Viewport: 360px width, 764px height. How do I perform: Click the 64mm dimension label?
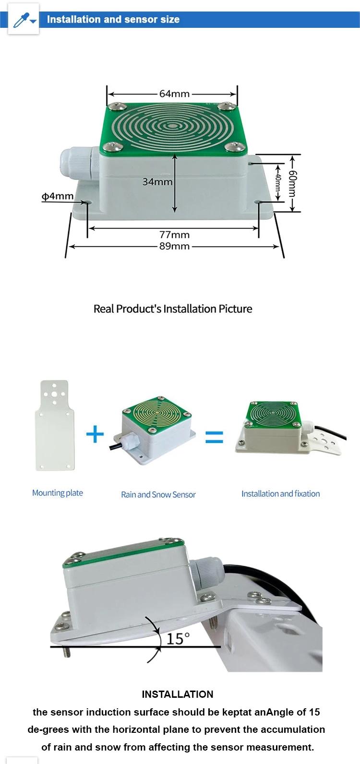coord(174,94)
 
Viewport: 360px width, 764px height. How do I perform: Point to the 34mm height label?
coord(157,182)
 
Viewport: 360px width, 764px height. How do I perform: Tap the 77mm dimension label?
coord(174,235)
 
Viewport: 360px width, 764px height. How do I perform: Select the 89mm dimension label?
coord(174,246)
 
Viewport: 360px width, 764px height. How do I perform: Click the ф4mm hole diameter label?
coord(57,196)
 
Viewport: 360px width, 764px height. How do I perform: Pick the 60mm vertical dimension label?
coord(292,183)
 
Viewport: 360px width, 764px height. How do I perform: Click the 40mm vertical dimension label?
coord(278,183)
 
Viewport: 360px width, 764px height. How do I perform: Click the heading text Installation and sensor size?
coord(113,20)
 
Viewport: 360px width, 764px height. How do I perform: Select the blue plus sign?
coord(95,435)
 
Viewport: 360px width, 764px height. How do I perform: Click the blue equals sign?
coord(214,437)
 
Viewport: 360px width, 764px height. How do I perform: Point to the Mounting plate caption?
coord(58,493)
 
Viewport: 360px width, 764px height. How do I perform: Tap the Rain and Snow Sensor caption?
coord(158,494)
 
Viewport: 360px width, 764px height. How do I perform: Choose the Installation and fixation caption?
coord(280,493)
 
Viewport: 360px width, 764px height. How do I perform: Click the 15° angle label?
coord(178,639)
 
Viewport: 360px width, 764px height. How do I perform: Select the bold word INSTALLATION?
coord(178,694)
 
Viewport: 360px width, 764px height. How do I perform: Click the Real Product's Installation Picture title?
coord(173,309)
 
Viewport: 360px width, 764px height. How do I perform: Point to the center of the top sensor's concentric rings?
coord(172,127)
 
